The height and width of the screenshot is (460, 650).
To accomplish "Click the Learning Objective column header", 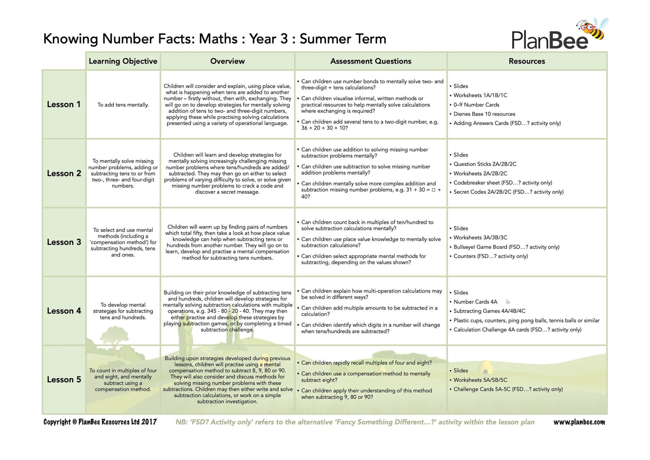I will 123,61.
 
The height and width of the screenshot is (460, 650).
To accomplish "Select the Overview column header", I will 227,61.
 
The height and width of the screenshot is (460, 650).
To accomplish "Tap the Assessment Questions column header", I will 370,61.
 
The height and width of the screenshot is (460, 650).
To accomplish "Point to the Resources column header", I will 526,61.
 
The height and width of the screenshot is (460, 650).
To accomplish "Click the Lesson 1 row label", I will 64,104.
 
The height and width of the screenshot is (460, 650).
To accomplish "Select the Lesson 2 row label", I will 64,173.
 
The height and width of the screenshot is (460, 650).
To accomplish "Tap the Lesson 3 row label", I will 64,242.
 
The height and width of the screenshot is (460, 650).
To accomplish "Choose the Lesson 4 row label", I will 64,311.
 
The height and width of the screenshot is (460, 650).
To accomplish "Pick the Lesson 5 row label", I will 64,379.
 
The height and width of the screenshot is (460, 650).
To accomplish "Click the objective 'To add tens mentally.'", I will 123,105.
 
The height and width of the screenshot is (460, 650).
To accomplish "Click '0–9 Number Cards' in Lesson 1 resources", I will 476,105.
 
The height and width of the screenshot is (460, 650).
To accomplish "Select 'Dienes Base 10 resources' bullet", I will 484,114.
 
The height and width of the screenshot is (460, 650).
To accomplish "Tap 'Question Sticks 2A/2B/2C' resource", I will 485,164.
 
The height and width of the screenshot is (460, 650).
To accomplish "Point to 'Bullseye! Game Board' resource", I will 480,247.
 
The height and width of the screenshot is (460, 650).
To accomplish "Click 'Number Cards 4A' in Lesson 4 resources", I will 475,302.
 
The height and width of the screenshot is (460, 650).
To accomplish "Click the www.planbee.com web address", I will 579,422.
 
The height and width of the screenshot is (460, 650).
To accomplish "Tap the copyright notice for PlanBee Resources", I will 100,422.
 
